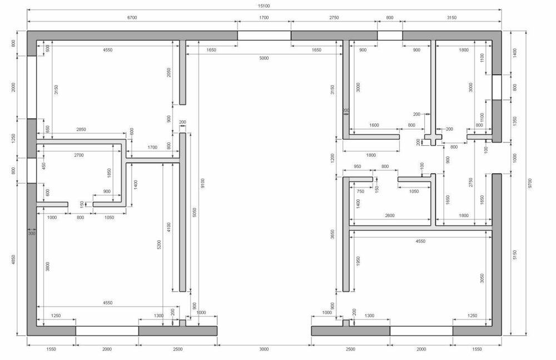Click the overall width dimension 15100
[264, 6]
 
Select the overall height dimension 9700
[530, 183]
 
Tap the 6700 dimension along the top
[132, 17]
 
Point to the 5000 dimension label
[264, 58]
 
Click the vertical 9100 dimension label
[203, 183]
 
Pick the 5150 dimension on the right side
[515, 254]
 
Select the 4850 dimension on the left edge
[13, 259]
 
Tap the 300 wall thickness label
[32, 233]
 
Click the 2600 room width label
[389, 215]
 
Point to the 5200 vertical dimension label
[159, 245]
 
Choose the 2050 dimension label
[169, 73]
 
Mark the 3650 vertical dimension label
[332, 234]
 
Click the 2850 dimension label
[81, 129]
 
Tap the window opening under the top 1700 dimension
[264, 36]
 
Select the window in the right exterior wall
[497, 87]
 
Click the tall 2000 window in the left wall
[32, 87]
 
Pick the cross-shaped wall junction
[433, 137]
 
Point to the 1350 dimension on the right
[515, 121]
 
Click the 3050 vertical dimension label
[482, 278]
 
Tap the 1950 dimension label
[358, 261]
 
